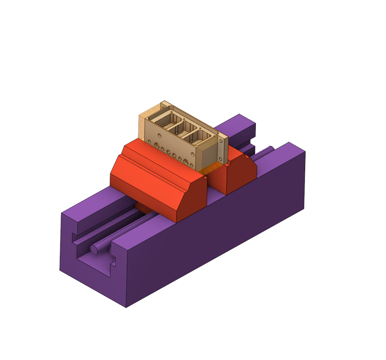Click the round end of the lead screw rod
(94, 250)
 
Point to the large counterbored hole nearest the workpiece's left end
(157, 145)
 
